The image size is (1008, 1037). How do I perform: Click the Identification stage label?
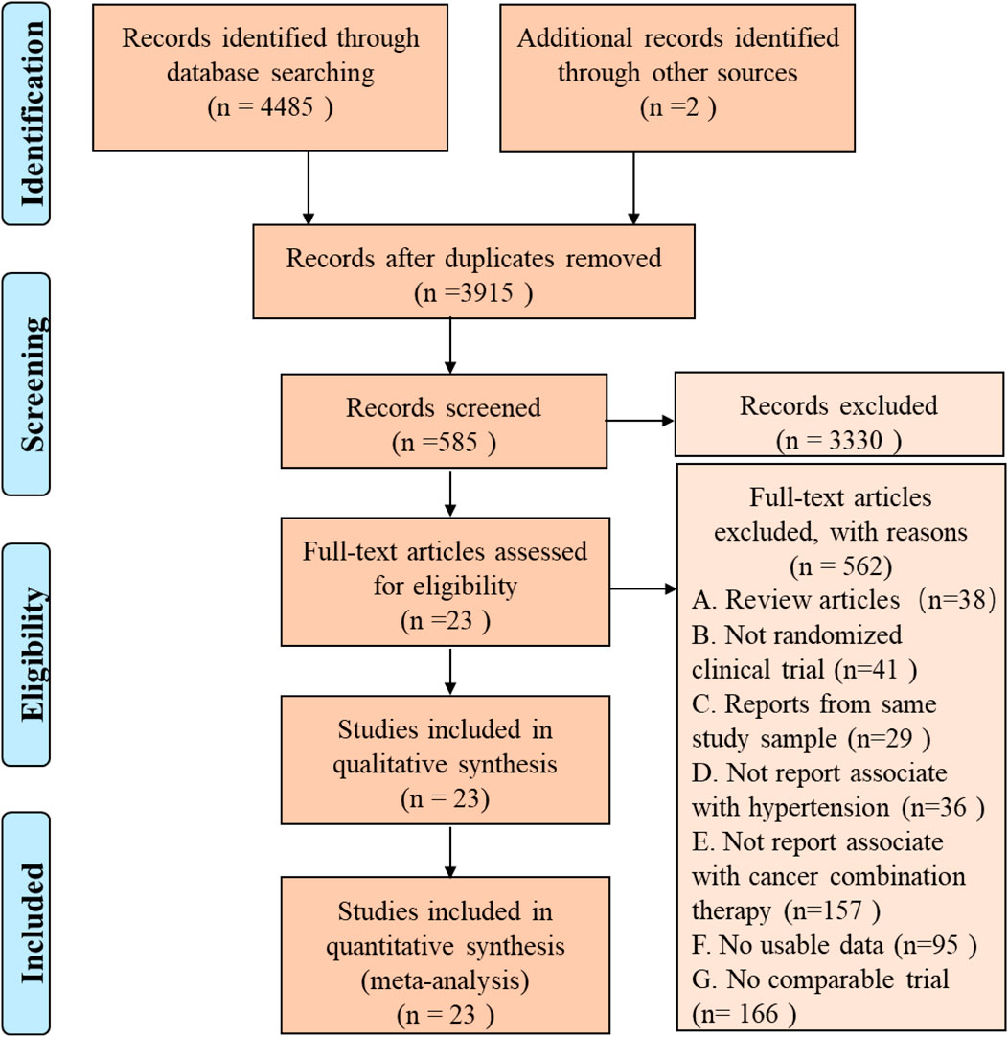[x=31, y=114]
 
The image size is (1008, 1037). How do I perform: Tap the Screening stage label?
[x=33, y=384]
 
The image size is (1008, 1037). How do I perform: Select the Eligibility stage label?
[x=33, y=654]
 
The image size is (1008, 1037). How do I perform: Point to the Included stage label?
[x=32, y=923]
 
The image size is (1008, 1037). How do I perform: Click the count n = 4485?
[x=270, y=107]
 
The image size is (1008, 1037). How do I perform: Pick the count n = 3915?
[x=473, y=292]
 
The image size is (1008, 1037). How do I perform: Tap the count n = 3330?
[x=838, y=440]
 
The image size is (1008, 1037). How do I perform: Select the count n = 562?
[x=840, y=566]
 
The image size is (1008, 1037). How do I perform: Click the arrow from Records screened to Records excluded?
[x=640, y=421]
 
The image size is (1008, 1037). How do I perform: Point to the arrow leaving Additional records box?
[x=633, y=189]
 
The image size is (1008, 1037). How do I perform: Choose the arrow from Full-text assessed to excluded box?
[x=643, y=588]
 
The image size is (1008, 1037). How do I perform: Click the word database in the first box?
[x=212, y=72]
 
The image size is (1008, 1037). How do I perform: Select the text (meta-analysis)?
[x=445, y=980]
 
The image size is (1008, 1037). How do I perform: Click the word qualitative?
[x=389, y=765]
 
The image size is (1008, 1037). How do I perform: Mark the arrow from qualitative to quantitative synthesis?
[x=450, y=850]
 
